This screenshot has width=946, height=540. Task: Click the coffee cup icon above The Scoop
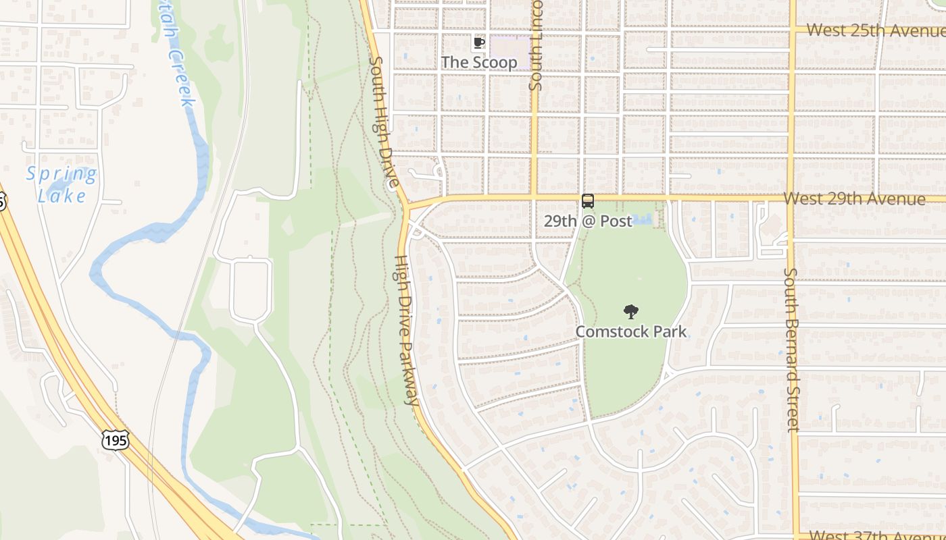point(478,43)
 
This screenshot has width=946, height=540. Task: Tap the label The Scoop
point(479,62)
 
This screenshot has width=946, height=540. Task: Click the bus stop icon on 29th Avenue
point(588,201)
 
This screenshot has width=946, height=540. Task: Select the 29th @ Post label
point(588,221)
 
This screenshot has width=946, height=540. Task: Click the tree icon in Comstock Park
point(630,312)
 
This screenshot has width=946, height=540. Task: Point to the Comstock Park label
point(630,331)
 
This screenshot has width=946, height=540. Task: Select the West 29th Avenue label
point(854,198)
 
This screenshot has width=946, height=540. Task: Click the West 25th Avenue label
point(876,30)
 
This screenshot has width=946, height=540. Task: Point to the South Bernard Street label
point(791,350)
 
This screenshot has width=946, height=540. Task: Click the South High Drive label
point(384,122)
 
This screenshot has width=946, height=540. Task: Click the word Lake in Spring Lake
point(61,196)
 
